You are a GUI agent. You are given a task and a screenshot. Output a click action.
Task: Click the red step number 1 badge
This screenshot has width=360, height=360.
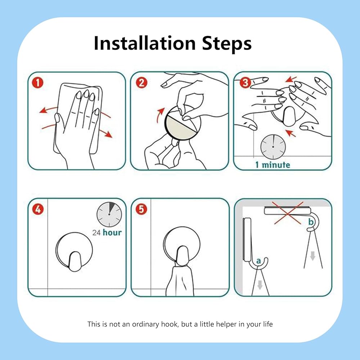pyautogui.click(x=38, y=83)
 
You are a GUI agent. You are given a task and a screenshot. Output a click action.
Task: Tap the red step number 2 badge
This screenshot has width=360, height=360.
pyautogui.click(x=141, y=83)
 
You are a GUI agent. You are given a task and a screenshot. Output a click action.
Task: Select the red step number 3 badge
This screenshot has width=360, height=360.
pyautogui.click(x=245, y=83)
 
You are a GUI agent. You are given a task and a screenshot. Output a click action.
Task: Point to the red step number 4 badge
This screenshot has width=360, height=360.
pyautogui.click(x=38, y=209)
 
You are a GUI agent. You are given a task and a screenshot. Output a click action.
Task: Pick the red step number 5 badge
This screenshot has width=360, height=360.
pyautogui.click(x=141, y=209)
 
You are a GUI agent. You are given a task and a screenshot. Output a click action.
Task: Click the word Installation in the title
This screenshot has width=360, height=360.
pyautogui.click(x=145, y=43)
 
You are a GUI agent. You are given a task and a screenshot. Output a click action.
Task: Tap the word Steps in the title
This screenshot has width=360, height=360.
pyautogui.click(x=227, y=44)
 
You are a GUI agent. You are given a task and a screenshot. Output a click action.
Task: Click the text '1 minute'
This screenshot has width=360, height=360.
pyautogui.click(x=273, y=165)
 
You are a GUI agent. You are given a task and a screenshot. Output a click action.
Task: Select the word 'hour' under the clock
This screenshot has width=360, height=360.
pyautogui.click(x=112, y=232)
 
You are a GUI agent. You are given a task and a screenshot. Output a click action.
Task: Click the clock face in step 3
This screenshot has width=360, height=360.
pyautogui.click(x=273, y=147)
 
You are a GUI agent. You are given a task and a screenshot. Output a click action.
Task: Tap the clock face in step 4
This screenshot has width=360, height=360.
pyautogui.click(x=109, y=215)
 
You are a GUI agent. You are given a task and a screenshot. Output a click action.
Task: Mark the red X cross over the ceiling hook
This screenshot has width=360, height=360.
pyautogui.click(x=288, y=213)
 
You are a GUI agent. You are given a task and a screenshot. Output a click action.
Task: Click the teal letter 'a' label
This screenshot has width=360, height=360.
pyautogui.click(x=258, y=261)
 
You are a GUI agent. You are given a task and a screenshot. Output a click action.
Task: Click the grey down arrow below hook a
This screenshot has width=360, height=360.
pyautogui.click(x=260, y=285)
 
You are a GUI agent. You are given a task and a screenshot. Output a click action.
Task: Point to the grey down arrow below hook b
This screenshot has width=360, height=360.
pyautogui.click(x=312, y=256)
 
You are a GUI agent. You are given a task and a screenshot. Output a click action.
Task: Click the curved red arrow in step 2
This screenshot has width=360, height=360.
pyautogui.click(x=159, y=115)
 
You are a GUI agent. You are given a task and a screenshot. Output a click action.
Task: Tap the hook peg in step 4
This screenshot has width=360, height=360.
pyautogui.click(x=75, y=261)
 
